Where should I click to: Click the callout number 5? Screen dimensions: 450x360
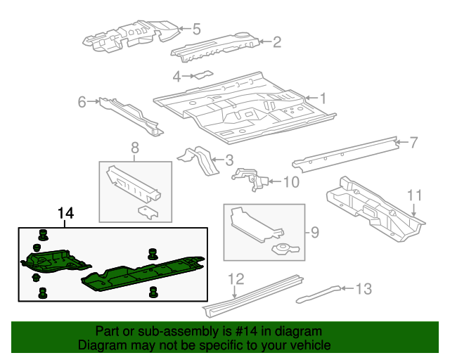[197, 29]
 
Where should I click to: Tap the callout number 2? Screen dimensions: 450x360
[276, 42]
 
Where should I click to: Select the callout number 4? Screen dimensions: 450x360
[177, 77]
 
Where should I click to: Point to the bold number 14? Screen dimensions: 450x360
[65, 213]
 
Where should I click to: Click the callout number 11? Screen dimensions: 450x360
[414, 195]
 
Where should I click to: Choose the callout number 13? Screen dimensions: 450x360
[364, 289]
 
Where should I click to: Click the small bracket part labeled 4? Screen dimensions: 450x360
[204, 75]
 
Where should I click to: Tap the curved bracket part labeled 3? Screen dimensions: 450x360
[198, 160]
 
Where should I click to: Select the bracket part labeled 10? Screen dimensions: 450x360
[250, 179]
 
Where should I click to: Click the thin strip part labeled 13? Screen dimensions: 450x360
[319, 295]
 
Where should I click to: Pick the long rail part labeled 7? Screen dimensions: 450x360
[345, 155]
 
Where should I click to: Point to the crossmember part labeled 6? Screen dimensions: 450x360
[131, 117]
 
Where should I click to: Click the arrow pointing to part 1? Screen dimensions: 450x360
[311, 98]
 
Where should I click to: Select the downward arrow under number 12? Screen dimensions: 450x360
[235, 292]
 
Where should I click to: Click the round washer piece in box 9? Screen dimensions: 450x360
[285, 249]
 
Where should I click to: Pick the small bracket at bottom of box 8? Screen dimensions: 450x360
[148, 212]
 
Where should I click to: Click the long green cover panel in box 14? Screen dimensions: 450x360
[143, 274]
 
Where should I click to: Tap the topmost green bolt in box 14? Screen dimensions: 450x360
[43, 235]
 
